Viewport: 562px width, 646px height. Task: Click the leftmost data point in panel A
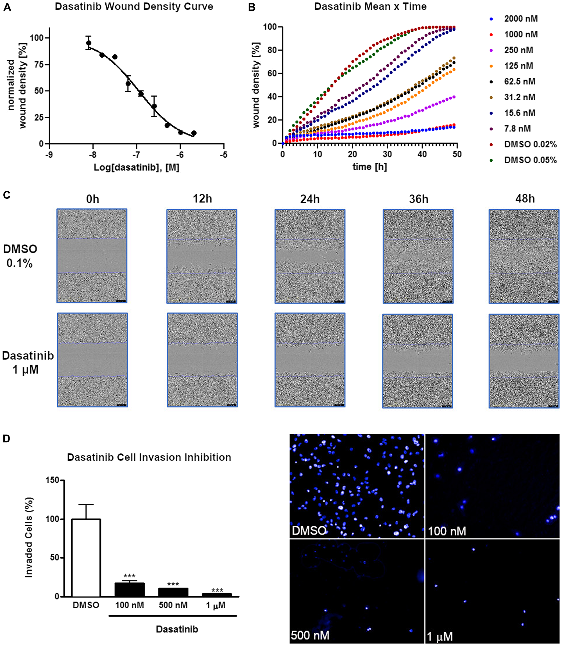click(x=89, y=43)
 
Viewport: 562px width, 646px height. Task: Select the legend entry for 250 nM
click(x=518, y=50)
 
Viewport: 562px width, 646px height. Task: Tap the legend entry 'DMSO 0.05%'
click(x=530, y=160)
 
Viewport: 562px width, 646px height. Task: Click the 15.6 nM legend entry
click(x=519, y=113)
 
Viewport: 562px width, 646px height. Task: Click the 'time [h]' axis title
click(x=370, y=167)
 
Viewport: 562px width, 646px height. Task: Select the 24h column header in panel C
click(x=310, y=199)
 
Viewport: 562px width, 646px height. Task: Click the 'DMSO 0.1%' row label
click(x=20, y=256)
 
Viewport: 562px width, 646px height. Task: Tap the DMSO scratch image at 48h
click(x=524, y=256)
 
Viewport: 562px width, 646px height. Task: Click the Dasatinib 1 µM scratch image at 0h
click(x=92, y=360)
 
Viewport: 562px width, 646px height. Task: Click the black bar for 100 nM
click(x=130, y=589)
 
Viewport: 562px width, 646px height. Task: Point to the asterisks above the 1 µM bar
click(x=217, y=590)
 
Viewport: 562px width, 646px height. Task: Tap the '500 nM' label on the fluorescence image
click(x=310, y=635)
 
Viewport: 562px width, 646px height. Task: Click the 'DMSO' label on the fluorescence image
click(x=309, y=530)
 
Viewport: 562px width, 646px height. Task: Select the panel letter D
click(x=6, y=439)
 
